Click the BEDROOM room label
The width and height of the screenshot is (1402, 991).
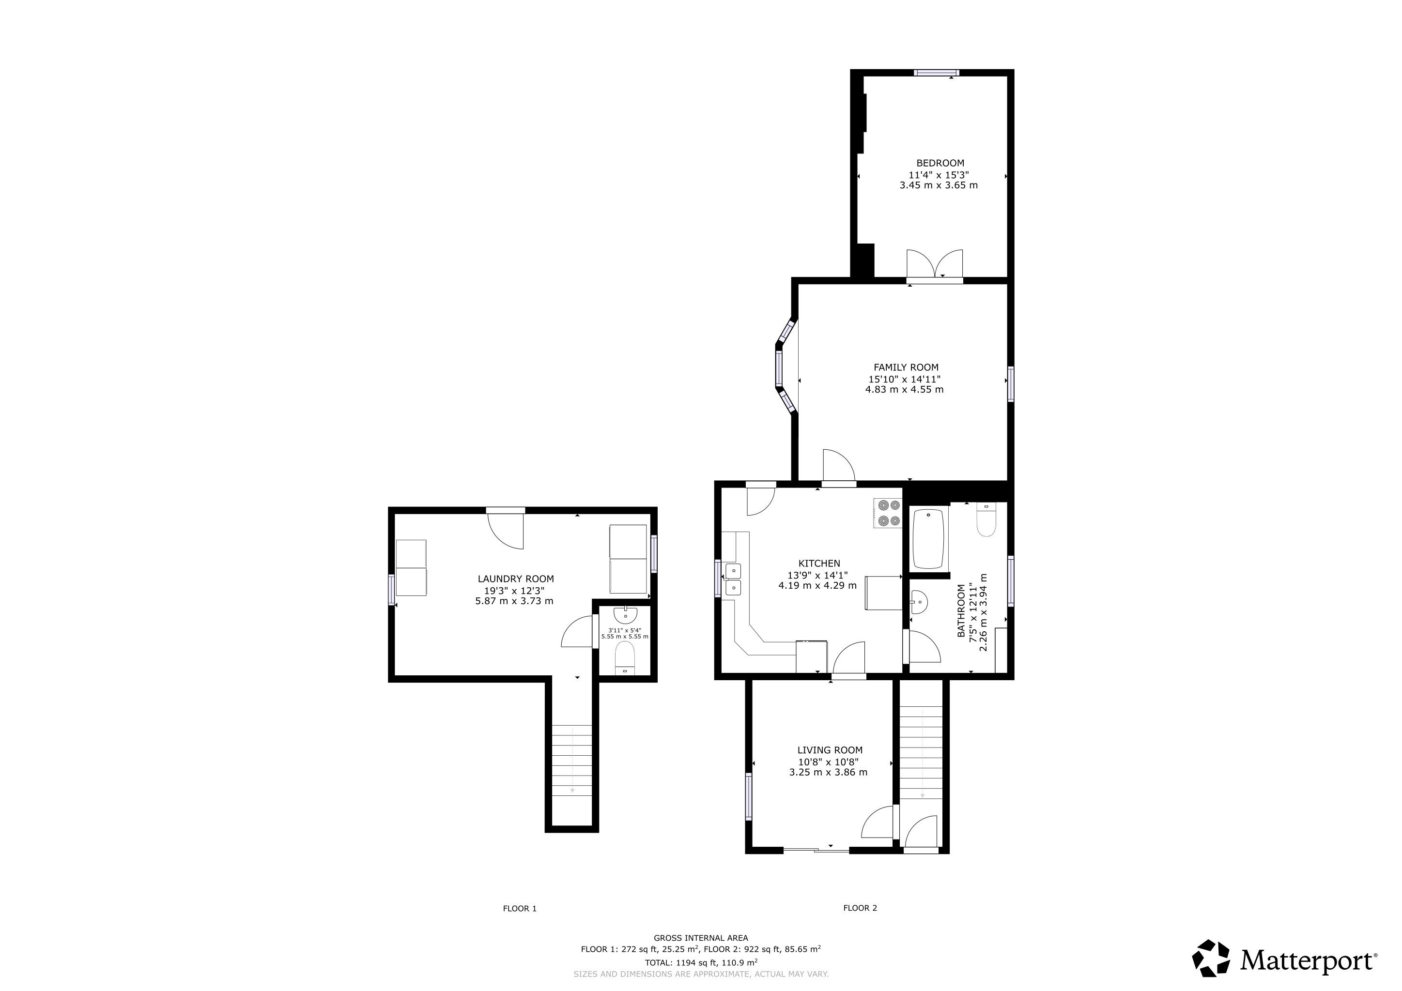coord(940,163)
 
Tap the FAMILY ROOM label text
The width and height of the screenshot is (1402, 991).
coord(906,367)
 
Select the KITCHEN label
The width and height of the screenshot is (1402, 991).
coord(819,564)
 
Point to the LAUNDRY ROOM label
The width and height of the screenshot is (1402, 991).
coord(515,579)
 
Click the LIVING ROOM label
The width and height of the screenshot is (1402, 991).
coord(830,750)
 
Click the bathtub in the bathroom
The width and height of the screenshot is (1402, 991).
coord(928,539)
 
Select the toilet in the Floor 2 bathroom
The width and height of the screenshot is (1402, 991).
coord(986,519)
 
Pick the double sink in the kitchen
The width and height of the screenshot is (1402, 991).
coord(732,580)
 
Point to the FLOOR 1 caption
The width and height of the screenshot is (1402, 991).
coord(520,909)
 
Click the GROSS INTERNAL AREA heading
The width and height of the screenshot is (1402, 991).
coord(700,938)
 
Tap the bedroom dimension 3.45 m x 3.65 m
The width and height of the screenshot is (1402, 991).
coord(939,185)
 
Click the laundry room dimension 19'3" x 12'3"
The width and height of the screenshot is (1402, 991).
coord(514,591)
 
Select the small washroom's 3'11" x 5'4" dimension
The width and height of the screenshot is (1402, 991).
coord(625,631)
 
